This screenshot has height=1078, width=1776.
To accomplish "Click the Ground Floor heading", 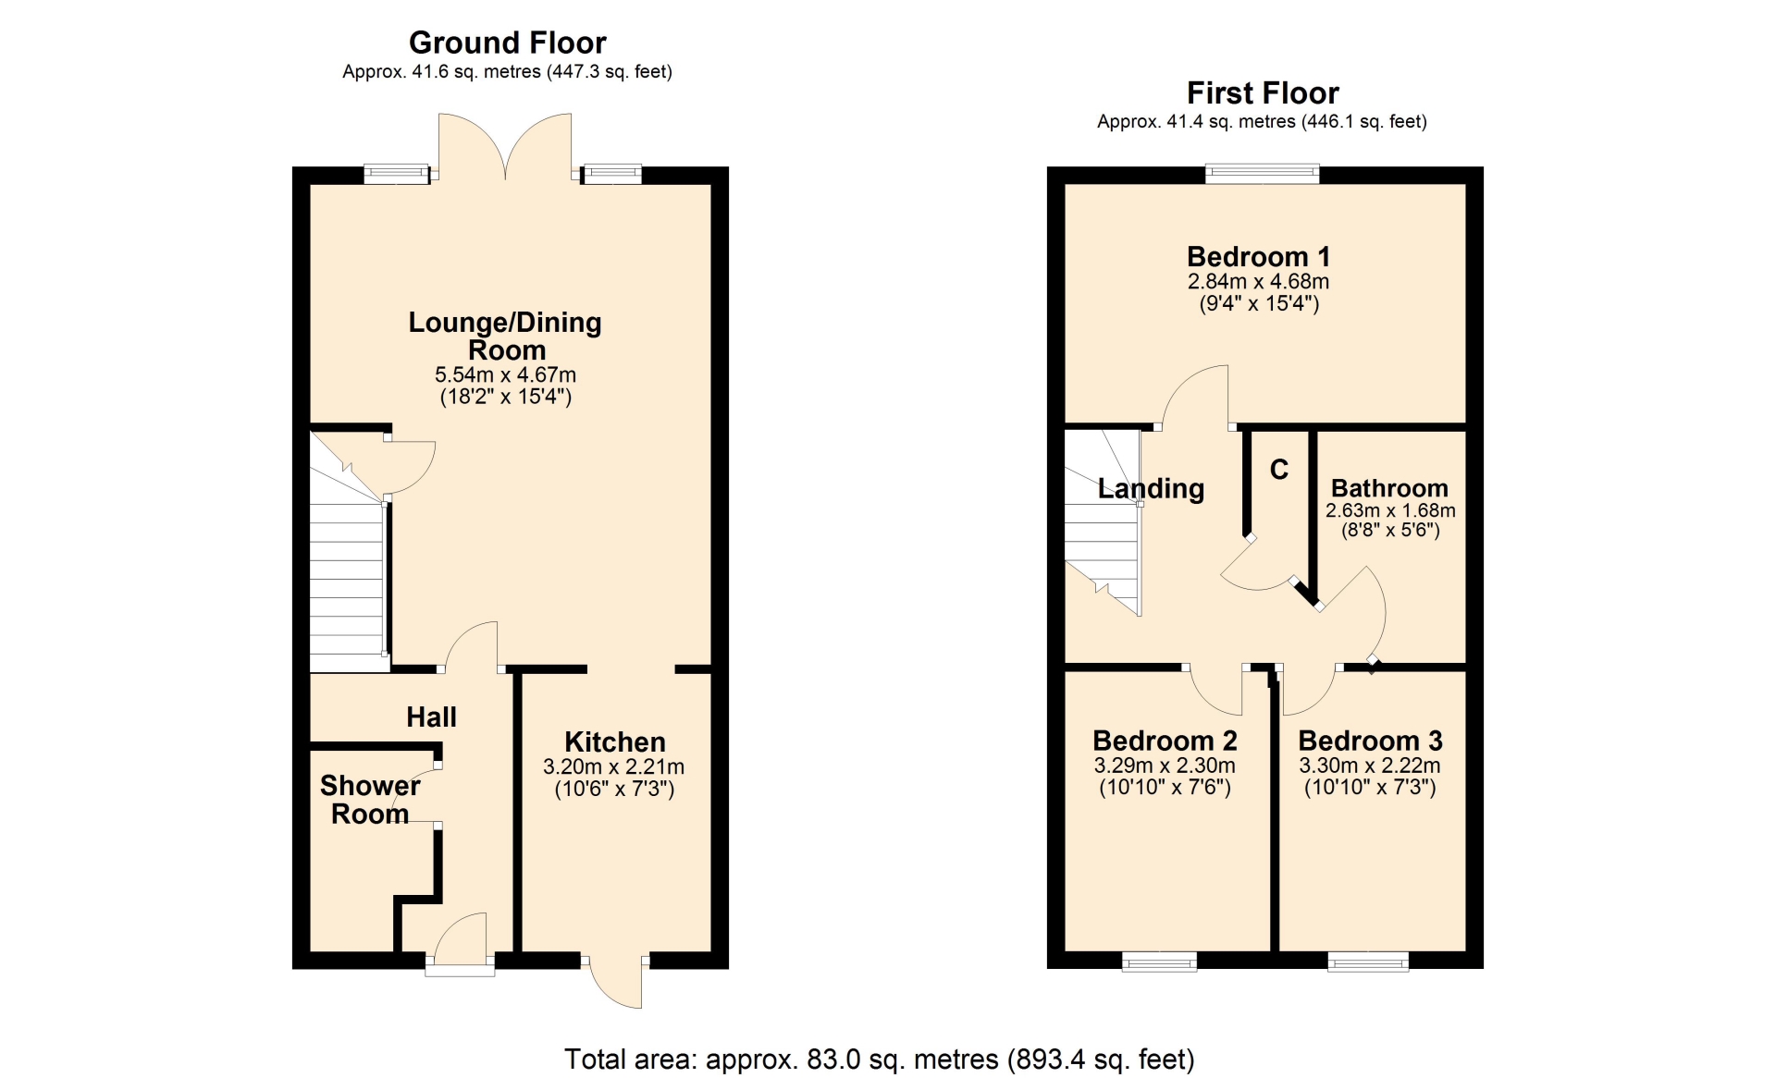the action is point(507,43).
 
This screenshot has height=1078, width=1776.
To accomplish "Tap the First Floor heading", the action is point(1263,92).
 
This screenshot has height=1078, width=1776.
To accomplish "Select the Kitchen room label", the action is point(615,741).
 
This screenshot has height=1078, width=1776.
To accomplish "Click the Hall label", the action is point(431,717).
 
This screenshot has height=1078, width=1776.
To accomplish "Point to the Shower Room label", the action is point(370,800).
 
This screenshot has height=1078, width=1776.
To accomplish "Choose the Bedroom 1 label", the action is point(1258,256).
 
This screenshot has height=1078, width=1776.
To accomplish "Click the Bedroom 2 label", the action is point(1165,741).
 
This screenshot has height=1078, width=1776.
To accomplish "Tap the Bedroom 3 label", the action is point(1370,741).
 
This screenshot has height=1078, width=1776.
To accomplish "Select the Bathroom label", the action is point(1389,488).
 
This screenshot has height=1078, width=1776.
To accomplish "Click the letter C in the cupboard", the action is point(1279,470).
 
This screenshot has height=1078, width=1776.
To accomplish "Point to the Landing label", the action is point(1151,489).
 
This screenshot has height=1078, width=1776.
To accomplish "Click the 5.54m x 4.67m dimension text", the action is point(505,374).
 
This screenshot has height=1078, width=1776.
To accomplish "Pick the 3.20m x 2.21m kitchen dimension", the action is point(613,766).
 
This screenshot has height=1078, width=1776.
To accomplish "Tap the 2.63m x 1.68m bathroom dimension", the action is point(1390,510).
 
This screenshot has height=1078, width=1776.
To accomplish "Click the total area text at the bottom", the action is point(880,1059).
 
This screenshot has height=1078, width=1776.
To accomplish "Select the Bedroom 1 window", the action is point(1263,173).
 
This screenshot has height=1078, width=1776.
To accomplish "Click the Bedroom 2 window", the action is point(1159,962).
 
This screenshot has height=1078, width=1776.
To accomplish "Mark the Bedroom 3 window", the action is point(1368,962).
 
